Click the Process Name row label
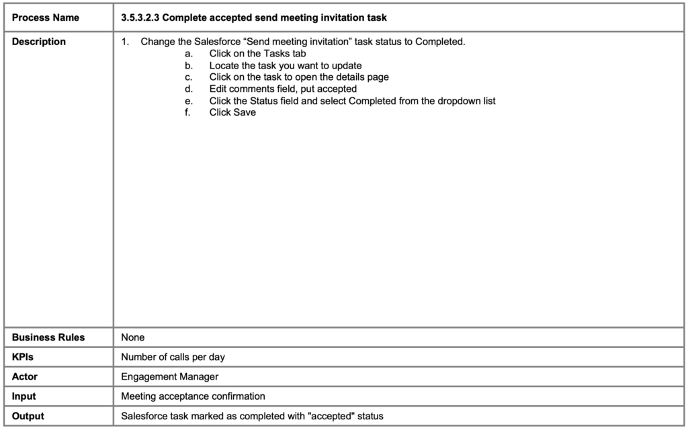[x=45, y=17]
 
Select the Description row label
[x=39, y=42]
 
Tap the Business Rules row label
[x=48, y=337]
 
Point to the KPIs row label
[x=23, y=357]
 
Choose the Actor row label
[x=25, y=377]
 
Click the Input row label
[x=24, y=396]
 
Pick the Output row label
[x=28, y=416]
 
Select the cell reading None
[x=133, y=337]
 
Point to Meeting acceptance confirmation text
[x=193, y=396]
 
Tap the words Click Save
[x=232, y=112]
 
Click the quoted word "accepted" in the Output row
[x=329, y=416]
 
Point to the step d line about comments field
[x=283, y=89]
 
